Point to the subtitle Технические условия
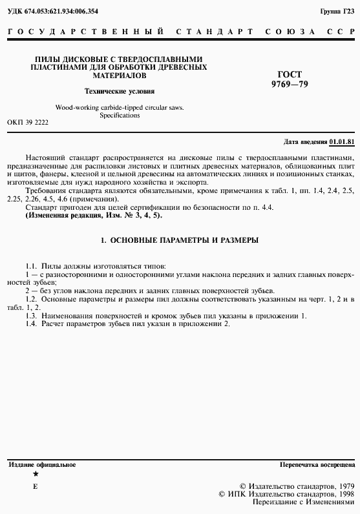pos(120,91)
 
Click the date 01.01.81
pos(342,141)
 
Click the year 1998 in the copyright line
pos(342,493)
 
